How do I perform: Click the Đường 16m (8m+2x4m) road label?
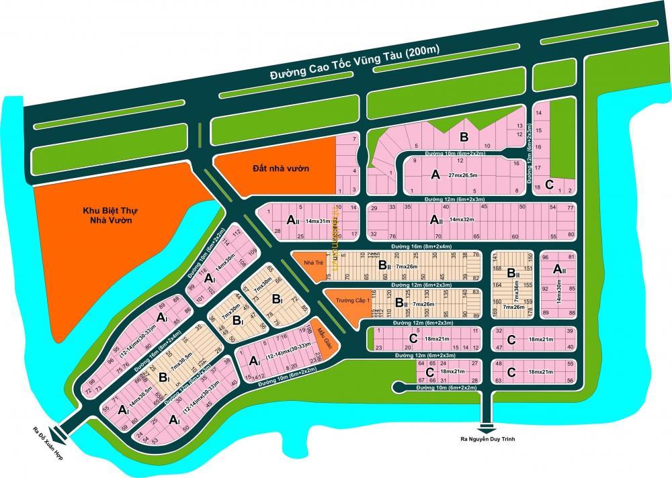coord(417,246)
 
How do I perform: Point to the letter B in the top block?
coord(463,138)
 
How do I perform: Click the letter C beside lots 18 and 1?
coord(549,184)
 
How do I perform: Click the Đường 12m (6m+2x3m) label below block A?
coord(454,199)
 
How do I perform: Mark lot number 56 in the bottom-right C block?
coord(570,381)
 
